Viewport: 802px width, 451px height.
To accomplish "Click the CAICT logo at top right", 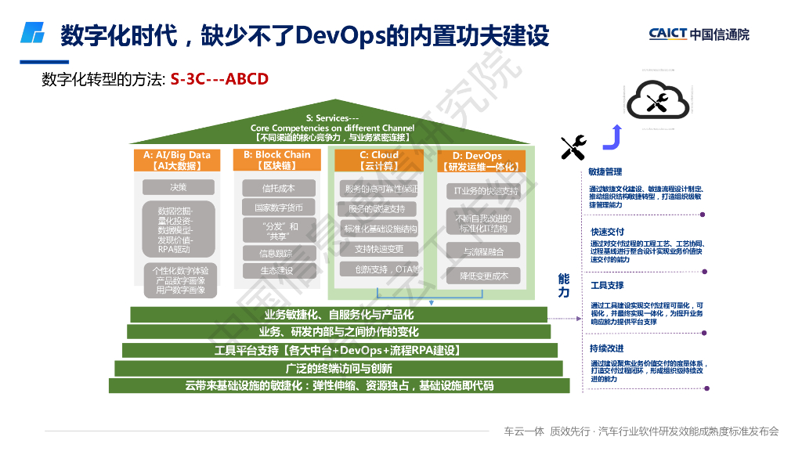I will [699, 34].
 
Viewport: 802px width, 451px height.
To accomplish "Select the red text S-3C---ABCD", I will [219, 79].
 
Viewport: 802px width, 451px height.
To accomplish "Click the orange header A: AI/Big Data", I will [177, 160].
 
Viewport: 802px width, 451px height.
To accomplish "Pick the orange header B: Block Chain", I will [276, 160].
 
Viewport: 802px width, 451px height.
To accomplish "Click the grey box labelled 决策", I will [178, 187].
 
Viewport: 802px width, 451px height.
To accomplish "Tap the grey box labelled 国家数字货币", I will [277, 208].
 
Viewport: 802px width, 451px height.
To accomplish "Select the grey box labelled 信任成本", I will [277, 188].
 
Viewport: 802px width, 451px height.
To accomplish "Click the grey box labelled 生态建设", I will [277, 270].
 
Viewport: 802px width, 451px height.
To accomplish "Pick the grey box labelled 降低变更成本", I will [483, 276].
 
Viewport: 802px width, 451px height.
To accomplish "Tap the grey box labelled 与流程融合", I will [483, 251].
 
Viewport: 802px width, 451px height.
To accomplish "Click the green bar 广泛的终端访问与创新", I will [339, 368].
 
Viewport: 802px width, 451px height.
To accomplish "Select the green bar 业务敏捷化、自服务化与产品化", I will [339, 315].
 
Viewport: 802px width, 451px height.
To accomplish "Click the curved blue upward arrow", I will [612, 138].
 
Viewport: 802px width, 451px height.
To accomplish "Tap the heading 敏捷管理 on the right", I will [606, 172].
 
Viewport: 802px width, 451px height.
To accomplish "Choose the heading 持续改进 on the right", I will [607, 348].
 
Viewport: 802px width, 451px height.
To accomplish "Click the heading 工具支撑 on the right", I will [607, 286].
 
